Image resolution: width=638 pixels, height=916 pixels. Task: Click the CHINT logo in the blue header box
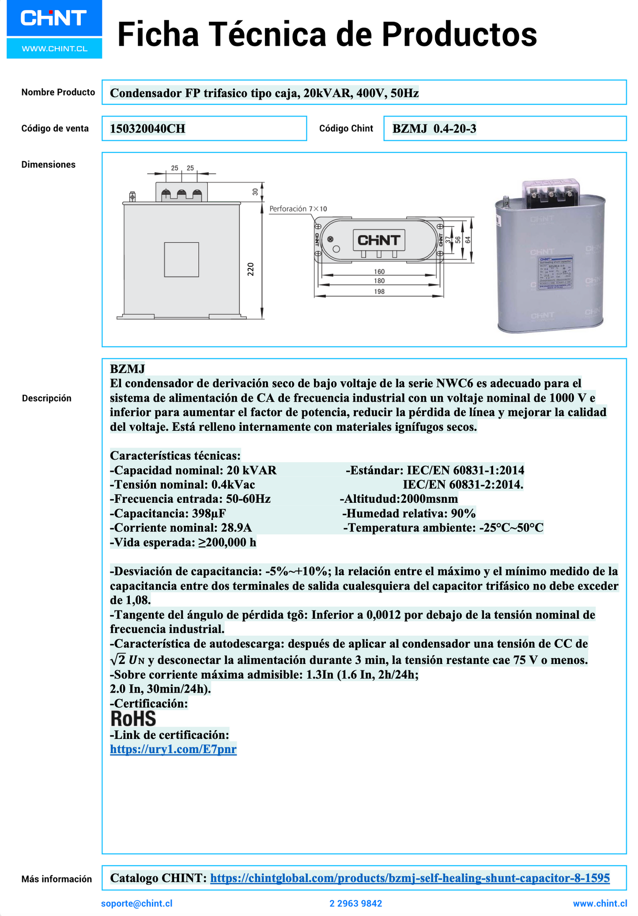pyautogui.click(x=53, y=18)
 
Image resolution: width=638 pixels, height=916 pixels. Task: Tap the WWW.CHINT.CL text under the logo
pyautogui.click(x=54, y=49)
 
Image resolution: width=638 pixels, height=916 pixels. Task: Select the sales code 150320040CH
pyautogui.click(x=147, y=129)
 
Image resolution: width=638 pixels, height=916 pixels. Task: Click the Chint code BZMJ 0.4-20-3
pyautogui.click(x=434, y=129)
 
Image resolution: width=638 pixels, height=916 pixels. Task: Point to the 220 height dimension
pyautogui.click(x=251, y=269)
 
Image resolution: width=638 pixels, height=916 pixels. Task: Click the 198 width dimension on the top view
pyautogui.click(x=379, y=291)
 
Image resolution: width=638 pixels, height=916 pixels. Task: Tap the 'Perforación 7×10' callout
pyautogui.click(x=298, y=209)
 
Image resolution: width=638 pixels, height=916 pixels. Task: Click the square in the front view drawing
pyautogui.click(x=181, y=260)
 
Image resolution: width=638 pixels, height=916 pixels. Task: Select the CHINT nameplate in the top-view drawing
pyautogui.click(x=379, y=240)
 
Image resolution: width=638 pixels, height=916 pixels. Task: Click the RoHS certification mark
pyautogui.click(x=133, y=719)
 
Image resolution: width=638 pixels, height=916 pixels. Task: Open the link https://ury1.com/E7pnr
pyautogui.click(x=173, y=749)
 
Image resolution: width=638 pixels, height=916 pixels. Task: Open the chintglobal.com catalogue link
pyautogui.click(x=410, y=878)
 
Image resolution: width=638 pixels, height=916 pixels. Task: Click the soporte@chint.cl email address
pyautogui.click(x=136, y=904)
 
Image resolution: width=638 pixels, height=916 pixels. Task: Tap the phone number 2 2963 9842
pyautogui.click(x=355, y=904)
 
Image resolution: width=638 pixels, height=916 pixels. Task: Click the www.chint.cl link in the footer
pyautogui.click(x=600, y=904)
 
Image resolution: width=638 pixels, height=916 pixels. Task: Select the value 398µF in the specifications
pyautogui.click(x=209, y=513)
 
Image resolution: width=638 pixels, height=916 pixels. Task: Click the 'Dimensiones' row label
pyautogui.click(x=49, y=165)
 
